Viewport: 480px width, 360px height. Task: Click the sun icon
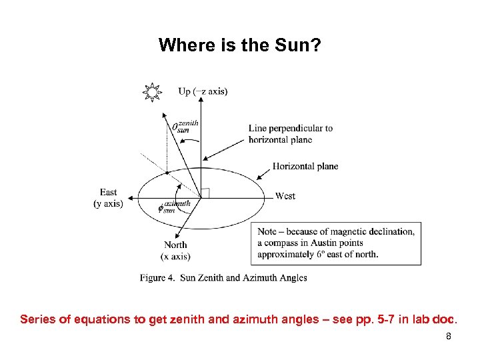click(153, 92)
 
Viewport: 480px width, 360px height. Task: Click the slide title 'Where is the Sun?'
click(240, 45)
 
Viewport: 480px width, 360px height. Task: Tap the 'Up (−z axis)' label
click(203, 91)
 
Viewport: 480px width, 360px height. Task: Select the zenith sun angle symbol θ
click(176, 126)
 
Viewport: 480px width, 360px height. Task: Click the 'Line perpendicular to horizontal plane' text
click(291, 134)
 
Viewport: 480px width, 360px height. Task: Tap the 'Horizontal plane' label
click(305, 166)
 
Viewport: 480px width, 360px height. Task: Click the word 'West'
click(285, 196)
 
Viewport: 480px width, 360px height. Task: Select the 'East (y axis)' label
click(108, 198)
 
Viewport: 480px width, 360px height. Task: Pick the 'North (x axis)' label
click(175, 251)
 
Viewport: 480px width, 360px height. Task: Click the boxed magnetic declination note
click(339, 243)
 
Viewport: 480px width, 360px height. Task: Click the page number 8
click(449, 337)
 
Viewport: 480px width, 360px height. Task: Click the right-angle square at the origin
click(205, 193)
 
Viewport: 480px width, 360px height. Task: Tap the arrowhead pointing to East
click(131, 198)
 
